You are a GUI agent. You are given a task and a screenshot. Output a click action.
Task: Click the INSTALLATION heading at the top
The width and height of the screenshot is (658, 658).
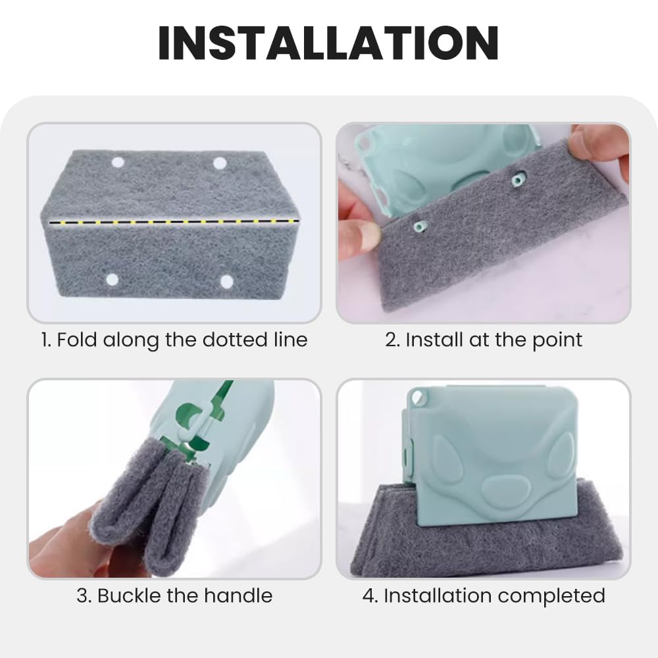328,43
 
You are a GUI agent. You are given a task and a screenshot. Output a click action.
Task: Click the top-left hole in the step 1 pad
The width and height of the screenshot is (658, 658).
118,163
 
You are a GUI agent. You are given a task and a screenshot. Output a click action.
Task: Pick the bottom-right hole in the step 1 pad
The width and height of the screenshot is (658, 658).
226,282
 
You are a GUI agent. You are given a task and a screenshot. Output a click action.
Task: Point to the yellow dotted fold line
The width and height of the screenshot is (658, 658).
174,221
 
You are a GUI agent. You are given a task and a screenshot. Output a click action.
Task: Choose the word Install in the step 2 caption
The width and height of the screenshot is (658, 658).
434,340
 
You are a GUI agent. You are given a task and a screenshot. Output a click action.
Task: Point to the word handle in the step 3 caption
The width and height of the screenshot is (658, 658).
238,595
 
